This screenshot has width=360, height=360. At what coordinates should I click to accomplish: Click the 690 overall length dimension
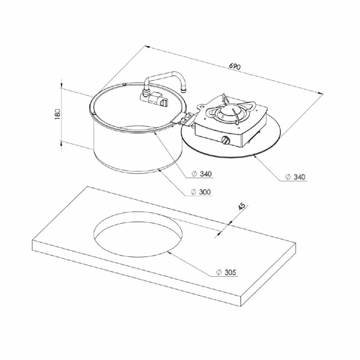(234, 66)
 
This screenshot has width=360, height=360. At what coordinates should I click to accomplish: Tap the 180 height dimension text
(58, 114)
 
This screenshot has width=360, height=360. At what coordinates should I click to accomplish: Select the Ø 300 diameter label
(201, 192)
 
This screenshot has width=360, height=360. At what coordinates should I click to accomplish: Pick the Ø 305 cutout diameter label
(226, 272)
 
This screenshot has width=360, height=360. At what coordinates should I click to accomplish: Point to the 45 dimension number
(242, 207)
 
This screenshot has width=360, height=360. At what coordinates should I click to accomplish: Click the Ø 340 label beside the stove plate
(295, 177)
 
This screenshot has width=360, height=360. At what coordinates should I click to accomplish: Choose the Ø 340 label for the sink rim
(201, 174)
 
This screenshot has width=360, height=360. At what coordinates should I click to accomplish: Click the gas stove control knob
(226, 140)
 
